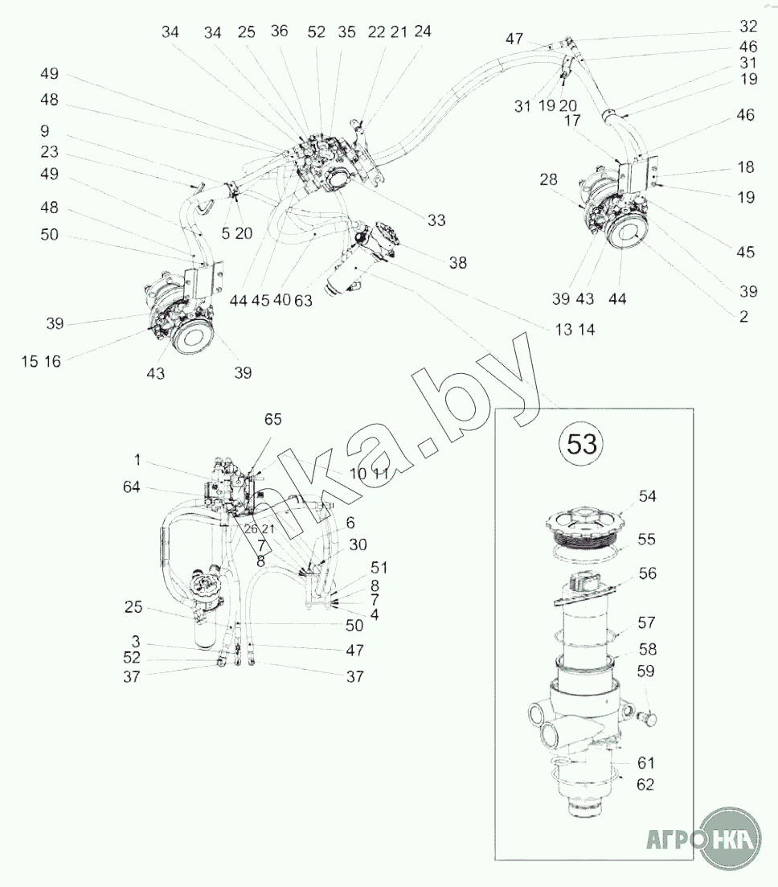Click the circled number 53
(x=581, y=444)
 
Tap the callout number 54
(x=647, y=496)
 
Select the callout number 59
(x=645, y=671)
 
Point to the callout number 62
(x=645, y=784)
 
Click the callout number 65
(x=272, y=419)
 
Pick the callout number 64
(x=131, y=487)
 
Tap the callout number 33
(x=436, y=220)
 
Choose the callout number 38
(x=458, y=262)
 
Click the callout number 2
(x=743, y=316)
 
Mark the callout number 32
(x=748, y=26)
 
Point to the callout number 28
(x=548, y=179)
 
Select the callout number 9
(x=45, y=130)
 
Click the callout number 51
(x=379, y=568)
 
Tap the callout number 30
(x=358, y=544)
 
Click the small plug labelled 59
(x=649, y=718)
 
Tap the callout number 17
(x=572, y=121)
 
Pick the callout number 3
(x=136, y=642)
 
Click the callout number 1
(x=137, y=460)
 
